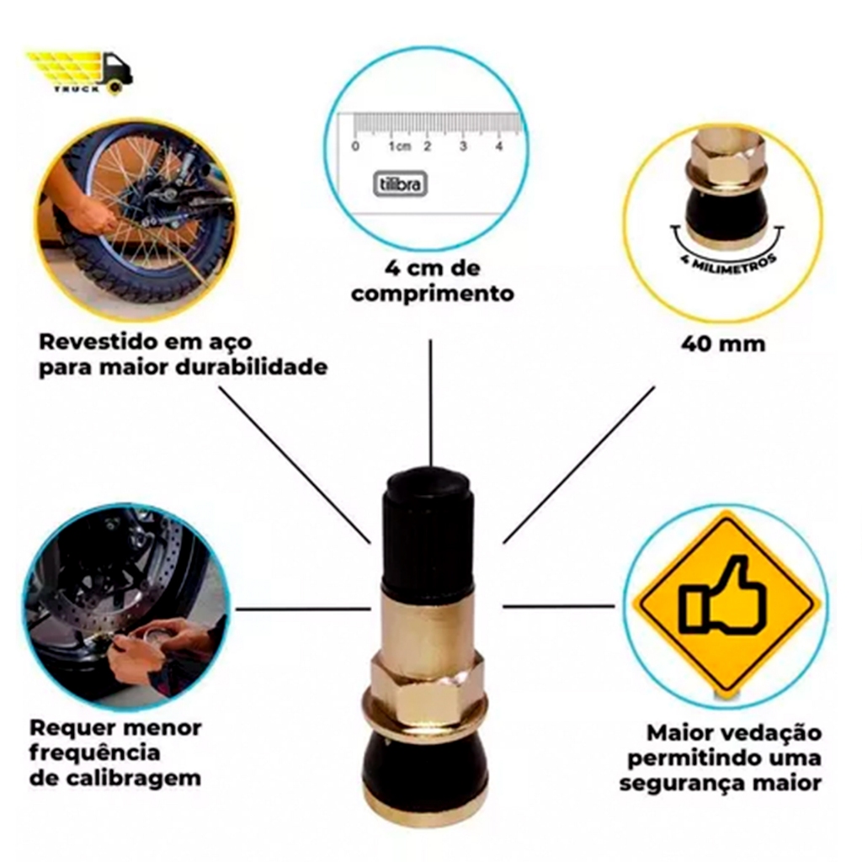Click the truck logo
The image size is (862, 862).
pyautogui.click(x=79, y=72)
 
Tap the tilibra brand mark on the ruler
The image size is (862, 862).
pyautogui.click(x=400, y=184)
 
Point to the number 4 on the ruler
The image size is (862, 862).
pyautogui.click(x=499, y=146)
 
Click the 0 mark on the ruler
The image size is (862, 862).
pyautogui.click(x=356, y=146)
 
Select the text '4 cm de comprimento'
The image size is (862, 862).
pyautogui.click(x=432, y=281)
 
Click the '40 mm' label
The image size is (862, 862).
pyautogui.click(x=723, y=344)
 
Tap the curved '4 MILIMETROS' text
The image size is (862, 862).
pyautogui.click(x=728, y=263)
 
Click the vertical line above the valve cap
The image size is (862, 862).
pyautogui.click(x=431, y=403)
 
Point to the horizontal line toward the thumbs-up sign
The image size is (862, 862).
pyautogui.click(x=559, y=606)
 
